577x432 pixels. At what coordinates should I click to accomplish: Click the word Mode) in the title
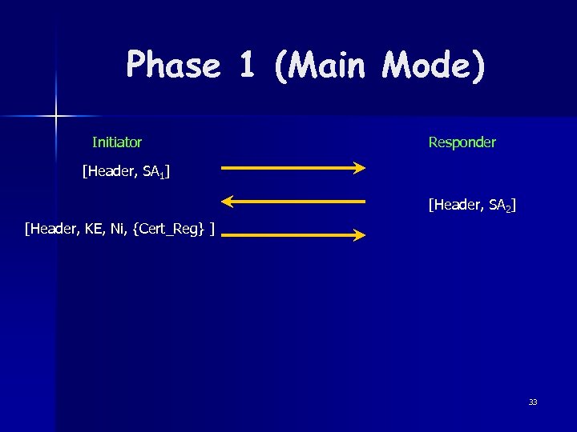click(434, 66)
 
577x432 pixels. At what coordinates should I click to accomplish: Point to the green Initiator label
click(117, 142)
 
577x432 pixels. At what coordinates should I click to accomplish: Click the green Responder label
click(462, 142)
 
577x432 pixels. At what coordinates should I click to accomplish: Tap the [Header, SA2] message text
click(472, 206)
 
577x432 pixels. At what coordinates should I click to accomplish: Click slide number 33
click(533, 402)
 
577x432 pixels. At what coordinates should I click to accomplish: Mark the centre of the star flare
click(56, 117)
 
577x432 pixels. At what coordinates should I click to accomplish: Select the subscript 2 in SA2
click(507, 209)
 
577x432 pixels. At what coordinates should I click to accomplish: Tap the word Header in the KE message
click(52, 230)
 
